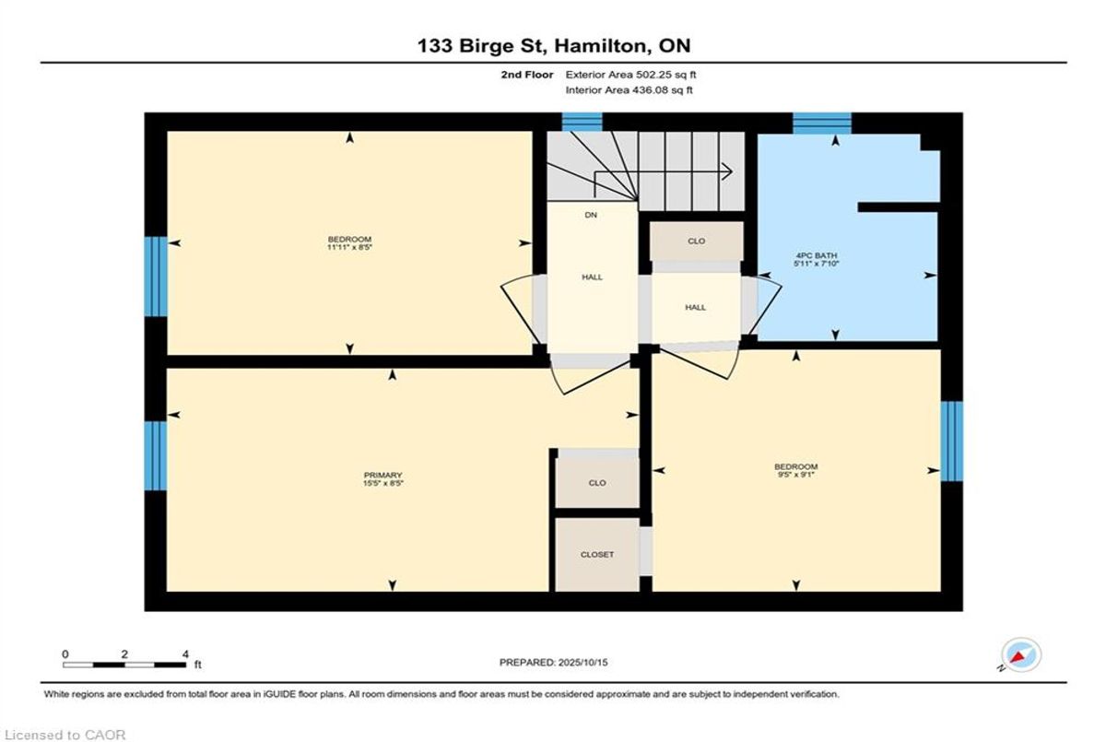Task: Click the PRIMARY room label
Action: pyautogui.click(x=382, y=476)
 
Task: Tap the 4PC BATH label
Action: pyautogui.click(x=817, y=255)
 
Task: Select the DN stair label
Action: pyautogui.click(x=591, y=216)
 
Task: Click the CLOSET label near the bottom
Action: pyautogui.click(x=597, y=554)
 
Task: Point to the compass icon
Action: pyautogui.click(x=1021, y=655)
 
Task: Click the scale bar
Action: pyautogui.click(x=124, y=665)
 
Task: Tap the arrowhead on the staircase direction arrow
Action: pyautogui.click(x=727, y=171)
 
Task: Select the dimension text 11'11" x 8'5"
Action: pyautogui.click(x=349, y=247)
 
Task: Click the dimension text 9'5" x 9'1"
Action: pyautogui.click(x=795, y=475)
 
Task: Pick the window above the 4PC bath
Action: pyautogui.click(x=822, y=123)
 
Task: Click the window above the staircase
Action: pyautogui.click(x=582, y=122)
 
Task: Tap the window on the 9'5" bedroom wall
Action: pyautogui.click(x=951, y=442)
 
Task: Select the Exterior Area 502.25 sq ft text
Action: pyautogui.click(x=630, y=75)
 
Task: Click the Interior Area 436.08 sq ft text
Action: pyautogui.click(x=629, y=89)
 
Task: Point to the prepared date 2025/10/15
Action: pyautogui.click(x=582, y=663)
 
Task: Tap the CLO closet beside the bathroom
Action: pyautogui.click(x=696, y=241)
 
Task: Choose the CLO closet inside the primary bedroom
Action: pyautogui.click(x=597, y=483)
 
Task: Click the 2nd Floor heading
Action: pyautogui.click(x=527, y=75)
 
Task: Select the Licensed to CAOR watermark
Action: pyautogui.click(x=65, y=736)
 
